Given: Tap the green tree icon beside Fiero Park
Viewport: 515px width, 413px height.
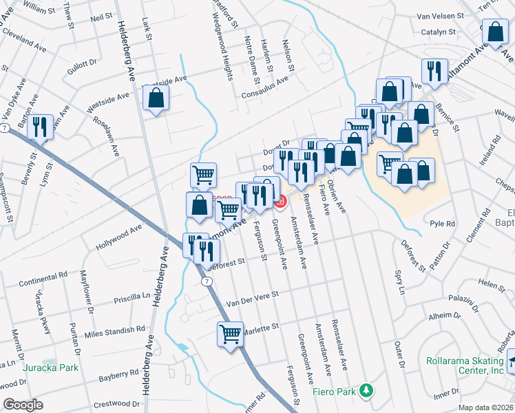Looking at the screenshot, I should coord(368,390).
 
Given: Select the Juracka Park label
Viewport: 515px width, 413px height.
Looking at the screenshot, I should coord(49,368).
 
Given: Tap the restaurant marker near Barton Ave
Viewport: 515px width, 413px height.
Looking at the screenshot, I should coord(41,127).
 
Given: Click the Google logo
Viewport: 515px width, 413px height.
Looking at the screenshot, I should coord(23,405).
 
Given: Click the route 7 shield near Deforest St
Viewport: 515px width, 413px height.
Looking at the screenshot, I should coord(206,281).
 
